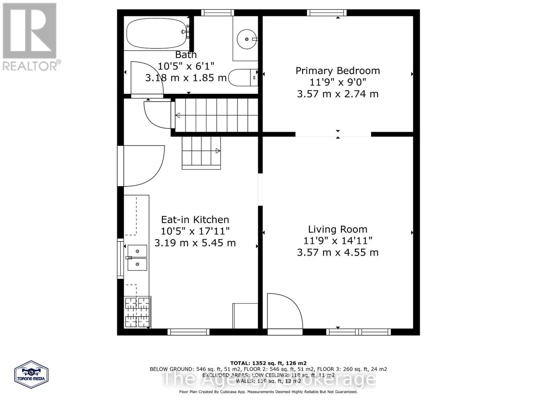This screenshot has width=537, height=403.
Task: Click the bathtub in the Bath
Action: click(156, 34)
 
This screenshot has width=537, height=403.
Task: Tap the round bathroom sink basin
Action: click(247, 39)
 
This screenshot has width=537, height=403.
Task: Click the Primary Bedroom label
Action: click(338, 71)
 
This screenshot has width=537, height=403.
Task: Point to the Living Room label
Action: click(338, 229)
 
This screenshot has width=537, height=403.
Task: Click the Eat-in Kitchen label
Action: click(195, 220)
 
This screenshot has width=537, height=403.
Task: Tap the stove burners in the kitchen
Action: click(138, 312)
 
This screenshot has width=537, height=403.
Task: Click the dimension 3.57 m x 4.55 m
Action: click(338, 252)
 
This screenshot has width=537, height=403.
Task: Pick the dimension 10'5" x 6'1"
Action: click(186, 66)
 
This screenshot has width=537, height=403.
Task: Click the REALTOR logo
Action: click(30, 37)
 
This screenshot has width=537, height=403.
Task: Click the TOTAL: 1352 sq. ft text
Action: click(268, 363)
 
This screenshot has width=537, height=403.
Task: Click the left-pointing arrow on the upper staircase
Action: click(178, 116)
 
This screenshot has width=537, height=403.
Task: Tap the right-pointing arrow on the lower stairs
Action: click(218, 151)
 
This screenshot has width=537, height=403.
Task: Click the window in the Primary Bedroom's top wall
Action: click(327, 13)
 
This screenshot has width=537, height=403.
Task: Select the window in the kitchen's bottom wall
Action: click(188, 332)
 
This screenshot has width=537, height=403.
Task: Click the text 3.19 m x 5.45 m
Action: click(195, 243)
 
